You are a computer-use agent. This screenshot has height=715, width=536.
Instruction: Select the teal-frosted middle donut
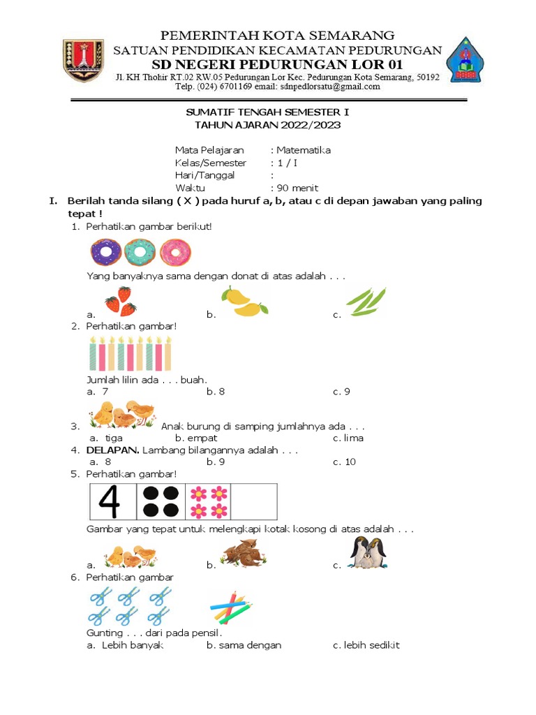(140, 251)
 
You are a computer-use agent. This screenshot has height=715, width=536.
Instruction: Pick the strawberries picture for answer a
(120, 303)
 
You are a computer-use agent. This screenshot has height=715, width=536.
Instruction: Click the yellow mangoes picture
(244, 301)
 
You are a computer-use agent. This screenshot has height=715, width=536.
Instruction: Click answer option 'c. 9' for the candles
(341, 392)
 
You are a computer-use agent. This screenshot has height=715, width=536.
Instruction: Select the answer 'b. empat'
(196, 438)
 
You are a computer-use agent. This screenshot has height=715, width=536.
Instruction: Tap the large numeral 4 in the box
(113, 501)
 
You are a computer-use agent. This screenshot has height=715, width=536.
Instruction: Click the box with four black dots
(160, 501)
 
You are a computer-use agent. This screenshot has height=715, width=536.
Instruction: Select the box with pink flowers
(207, 501)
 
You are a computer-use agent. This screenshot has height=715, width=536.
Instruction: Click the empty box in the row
(254, 501)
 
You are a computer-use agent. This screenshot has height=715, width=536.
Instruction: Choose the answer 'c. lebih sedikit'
(366, 645)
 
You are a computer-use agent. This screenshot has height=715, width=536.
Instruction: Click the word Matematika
(303, 150)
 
